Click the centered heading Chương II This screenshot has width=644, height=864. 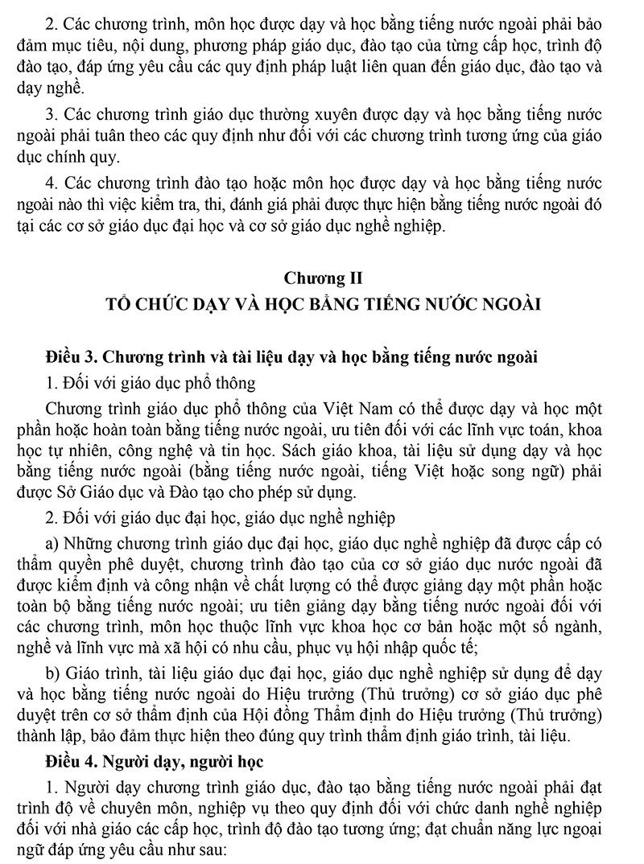click(x=322, y=278)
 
